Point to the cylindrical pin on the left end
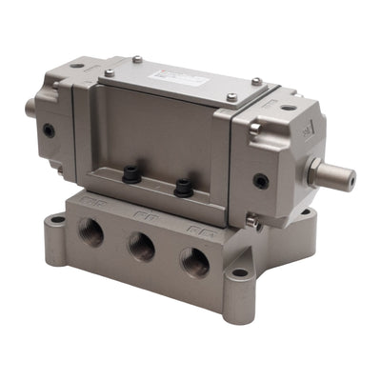(x=31, y=108)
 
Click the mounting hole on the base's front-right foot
(x=239, y=272)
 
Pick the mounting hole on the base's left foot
(x=58, y=219)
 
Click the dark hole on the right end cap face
(x=260, y=180)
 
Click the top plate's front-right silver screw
(x=231, y=96)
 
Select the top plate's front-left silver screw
(x=110, y=72)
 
